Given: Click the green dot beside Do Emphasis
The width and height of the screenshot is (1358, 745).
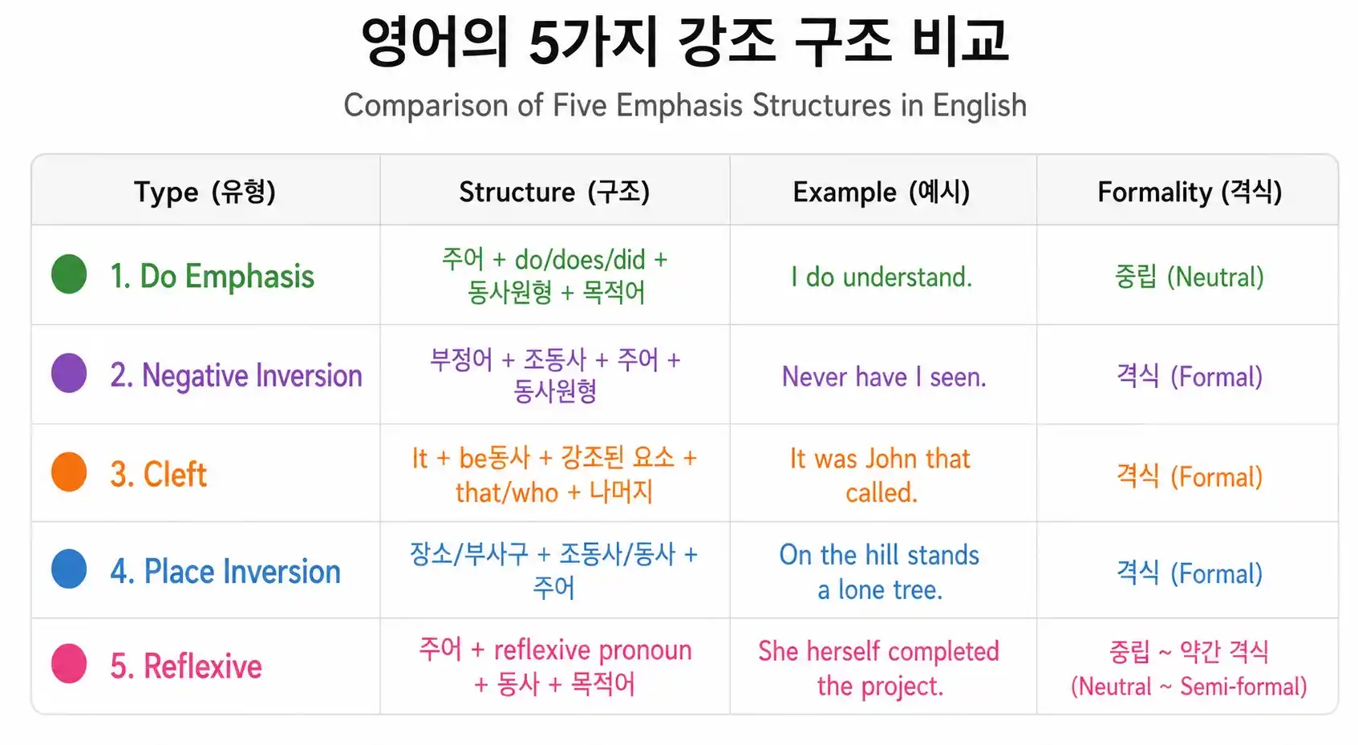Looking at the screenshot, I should (69, 274).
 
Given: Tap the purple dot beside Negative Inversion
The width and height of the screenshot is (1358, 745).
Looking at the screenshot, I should (69, 373).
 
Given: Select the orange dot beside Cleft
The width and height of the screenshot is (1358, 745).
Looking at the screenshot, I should (69, 472).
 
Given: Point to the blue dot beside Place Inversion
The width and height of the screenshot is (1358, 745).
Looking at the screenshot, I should (69, 569).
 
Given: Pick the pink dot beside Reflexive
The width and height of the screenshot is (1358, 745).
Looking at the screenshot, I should (69, 664).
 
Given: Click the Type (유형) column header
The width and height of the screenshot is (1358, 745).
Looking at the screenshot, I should (205, 192).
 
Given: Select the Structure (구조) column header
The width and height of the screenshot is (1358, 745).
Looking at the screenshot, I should (554, 192).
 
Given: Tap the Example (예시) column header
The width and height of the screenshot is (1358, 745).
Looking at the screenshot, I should (882, 192).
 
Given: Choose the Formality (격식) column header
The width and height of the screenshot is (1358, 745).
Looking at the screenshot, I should (1190, 192).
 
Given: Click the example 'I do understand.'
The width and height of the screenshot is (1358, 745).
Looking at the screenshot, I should (882, 277).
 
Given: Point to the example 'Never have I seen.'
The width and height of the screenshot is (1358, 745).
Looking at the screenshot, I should (884, 376).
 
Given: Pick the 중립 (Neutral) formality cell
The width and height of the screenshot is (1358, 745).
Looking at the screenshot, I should (1190, 277).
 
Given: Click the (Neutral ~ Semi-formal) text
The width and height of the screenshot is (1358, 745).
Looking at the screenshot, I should (1189, 686).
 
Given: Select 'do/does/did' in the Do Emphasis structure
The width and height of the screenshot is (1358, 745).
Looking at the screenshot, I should (580, 260).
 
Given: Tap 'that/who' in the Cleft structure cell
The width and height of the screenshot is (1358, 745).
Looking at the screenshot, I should (507, 492).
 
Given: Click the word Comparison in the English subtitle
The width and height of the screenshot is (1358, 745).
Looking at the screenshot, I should (428, 106).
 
